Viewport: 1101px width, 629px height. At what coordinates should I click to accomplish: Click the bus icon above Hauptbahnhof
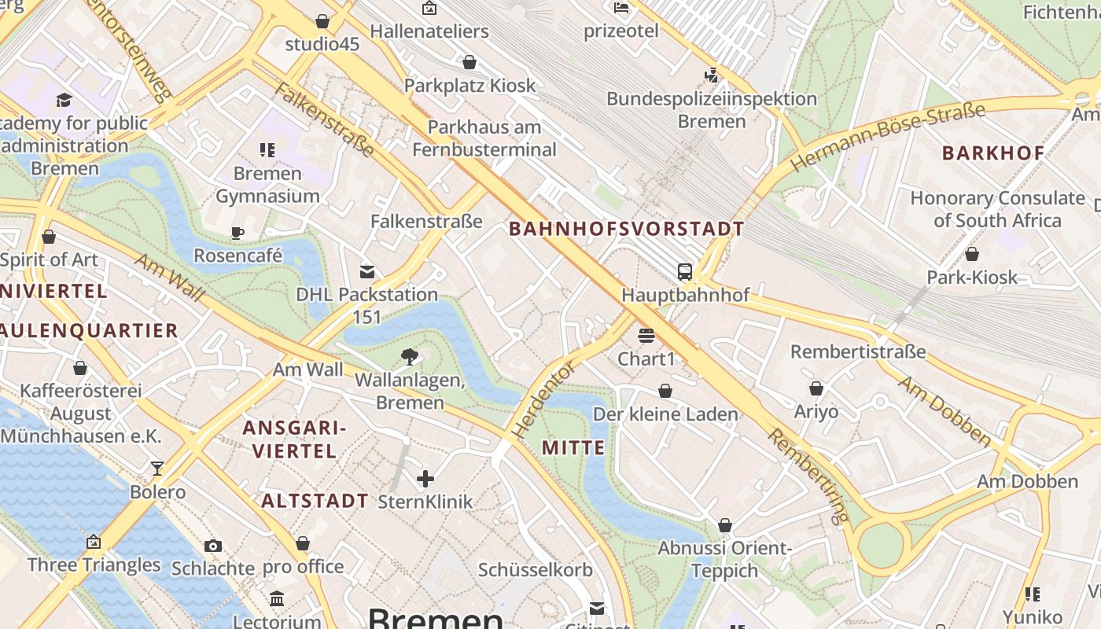click(x=685, y=272)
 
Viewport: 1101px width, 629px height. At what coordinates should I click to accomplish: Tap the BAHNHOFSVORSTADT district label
click(x=626, y=230)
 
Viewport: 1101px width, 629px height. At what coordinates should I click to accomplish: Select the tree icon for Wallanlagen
click(x=409, y=357)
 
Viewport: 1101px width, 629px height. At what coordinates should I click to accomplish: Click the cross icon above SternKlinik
click(x=425, y=478)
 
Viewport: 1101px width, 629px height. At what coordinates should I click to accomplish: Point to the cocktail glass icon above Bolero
click(x=157, y=469)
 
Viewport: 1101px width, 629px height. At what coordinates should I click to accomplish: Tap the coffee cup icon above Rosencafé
click(x=238, y=232)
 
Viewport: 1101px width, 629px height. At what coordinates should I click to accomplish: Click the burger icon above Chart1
click(x=646, y=336)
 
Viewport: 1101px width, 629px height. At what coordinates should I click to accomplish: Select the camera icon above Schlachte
click(x=212, y=545)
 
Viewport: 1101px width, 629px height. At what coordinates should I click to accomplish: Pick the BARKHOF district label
click(x=993, y=153)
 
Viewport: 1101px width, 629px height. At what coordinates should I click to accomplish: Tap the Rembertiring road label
click(x=809, y=476)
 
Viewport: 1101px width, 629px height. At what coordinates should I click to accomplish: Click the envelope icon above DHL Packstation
click(x=366, y=272)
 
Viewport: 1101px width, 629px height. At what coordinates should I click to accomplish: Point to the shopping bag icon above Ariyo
click(x=816, y=388)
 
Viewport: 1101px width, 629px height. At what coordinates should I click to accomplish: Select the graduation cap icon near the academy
click(x=64, y=100)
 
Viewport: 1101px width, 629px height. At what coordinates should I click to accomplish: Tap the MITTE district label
click(x=573, y=448)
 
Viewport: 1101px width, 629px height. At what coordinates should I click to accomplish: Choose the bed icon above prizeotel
click(x=621, y=9)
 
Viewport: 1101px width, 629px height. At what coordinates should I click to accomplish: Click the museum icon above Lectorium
click(x=277, y=599)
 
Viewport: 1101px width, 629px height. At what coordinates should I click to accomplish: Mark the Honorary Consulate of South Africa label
click(x=997, y=209)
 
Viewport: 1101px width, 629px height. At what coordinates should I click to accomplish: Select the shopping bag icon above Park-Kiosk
click(x=972, y=254)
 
